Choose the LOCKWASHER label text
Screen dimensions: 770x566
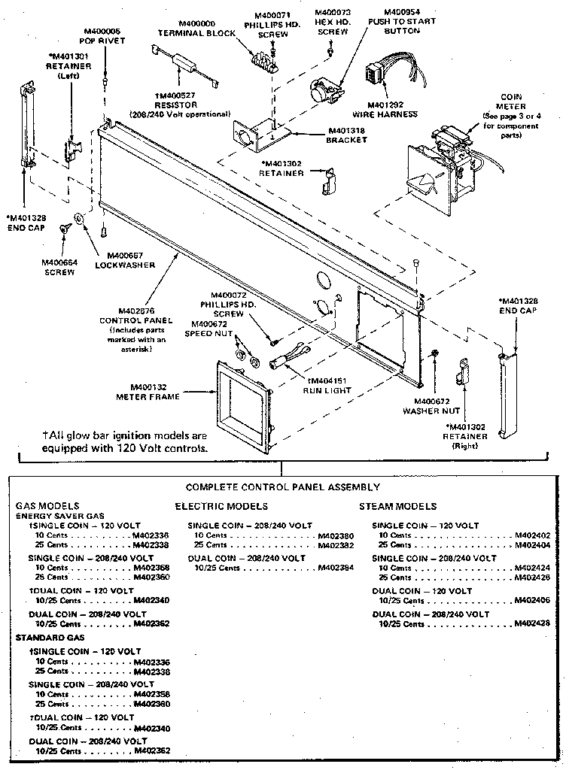[124, 265]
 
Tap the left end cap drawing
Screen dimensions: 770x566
[27, 125]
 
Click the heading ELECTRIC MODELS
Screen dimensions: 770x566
[221, 506]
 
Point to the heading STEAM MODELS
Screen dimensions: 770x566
[397, 506]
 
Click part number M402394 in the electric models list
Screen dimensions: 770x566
[336, 568]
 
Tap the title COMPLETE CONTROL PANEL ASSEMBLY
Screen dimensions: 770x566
[282, 487]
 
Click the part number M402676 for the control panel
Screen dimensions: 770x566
[137, 311]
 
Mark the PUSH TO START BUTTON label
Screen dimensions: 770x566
[397, 22]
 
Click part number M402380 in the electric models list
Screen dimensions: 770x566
[336, 535]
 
